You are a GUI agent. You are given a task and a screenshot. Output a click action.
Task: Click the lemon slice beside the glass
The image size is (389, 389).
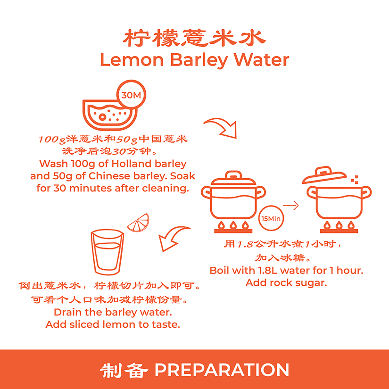coord(139,223)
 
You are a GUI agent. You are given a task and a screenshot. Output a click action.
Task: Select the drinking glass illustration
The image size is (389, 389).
coord(107,252)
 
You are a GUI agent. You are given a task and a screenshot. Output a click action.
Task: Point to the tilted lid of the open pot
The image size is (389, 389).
coord(324,175)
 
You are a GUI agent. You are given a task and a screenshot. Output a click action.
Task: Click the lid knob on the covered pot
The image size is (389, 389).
coord(233,174)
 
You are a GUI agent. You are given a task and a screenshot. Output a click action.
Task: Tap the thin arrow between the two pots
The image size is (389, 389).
coord(291,206)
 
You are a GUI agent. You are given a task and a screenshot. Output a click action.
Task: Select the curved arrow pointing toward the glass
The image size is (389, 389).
coord(173,238)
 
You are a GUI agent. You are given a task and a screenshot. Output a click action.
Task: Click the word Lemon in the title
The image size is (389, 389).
coord(132,60)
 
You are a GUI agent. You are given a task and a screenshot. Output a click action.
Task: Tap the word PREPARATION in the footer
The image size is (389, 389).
coord(222,370)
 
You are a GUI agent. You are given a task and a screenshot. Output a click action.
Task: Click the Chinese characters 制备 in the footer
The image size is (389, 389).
coord(124,370)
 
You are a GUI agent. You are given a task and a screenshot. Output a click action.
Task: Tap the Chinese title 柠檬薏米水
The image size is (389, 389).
coord(194,38)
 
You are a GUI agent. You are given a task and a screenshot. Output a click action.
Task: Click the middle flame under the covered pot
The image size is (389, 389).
coord(233,225)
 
